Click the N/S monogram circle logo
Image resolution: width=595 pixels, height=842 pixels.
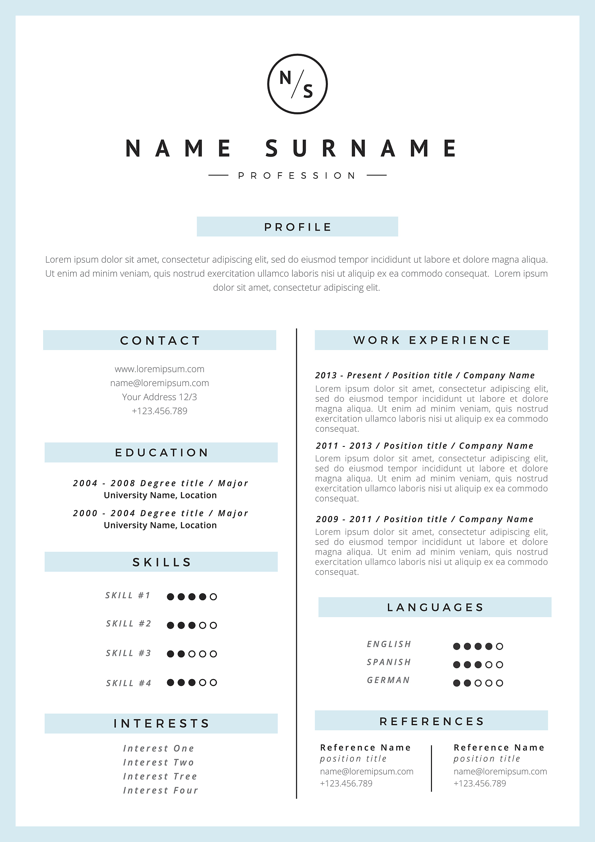click(297, 84)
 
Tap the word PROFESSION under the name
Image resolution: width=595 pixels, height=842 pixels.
click(297, 176)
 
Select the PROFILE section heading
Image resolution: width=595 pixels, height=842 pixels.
click(297, 227)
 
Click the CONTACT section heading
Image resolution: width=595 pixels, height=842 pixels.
click(160, 340)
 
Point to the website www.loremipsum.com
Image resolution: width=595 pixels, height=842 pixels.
click(159, 369)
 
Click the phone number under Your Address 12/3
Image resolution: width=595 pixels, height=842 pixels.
click(159, 411)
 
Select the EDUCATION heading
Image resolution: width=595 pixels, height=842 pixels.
click(161, 453)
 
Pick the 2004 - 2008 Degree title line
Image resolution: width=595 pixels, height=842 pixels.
click(161, 483)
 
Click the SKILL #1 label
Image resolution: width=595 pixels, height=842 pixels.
click(128, 595)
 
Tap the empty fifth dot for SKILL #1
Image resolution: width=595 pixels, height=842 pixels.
click(213, 597)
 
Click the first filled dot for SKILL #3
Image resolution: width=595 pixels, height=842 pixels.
click(171, 654)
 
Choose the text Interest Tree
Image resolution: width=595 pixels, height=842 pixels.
click(160, 776)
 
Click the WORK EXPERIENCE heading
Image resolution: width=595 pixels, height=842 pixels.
click(431, 340)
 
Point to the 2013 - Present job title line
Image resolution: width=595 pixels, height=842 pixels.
click(425, 375)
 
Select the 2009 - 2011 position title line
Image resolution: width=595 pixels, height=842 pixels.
click(424, 519)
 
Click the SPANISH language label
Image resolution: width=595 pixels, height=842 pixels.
click(389, 662)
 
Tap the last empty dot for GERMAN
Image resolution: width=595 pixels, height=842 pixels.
click(499, 683)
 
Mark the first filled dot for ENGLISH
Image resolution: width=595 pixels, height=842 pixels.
click(457, 646)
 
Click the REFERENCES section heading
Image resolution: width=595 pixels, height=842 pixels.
click(431, 721)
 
